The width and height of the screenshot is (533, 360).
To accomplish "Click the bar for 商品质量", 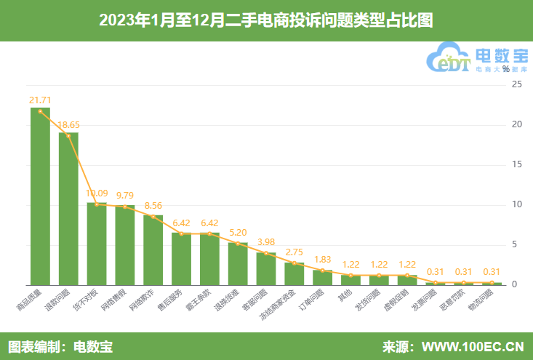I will click(40, 196).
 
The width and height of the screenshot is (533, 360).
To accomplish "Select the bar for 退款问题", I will click(68, 209).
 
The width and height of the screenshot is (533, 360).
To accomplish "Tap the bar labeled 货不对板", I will click(97, 244).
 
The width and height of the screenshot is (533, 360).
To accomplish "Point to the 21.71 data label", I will click(40, 99).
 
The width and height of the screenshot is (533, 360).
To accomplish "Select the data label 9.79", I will click(125, 195).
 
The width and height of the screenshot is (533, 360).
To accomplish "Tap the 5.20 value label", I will click(238, 232).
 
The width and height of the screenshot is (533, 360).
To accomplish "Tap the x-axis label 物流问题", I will click(481, 302).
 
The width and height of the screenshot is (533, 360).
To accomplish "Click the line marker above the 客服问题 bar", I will click(266, 253).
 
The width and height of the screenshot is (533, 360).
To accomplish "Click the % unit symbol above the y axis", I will click(506, 69).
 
